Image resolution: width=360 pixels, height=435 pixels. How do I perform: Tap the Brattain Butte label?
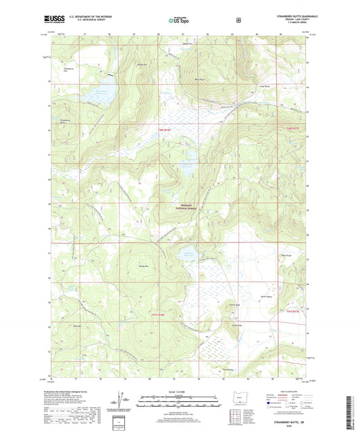[x=143, y=65]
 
